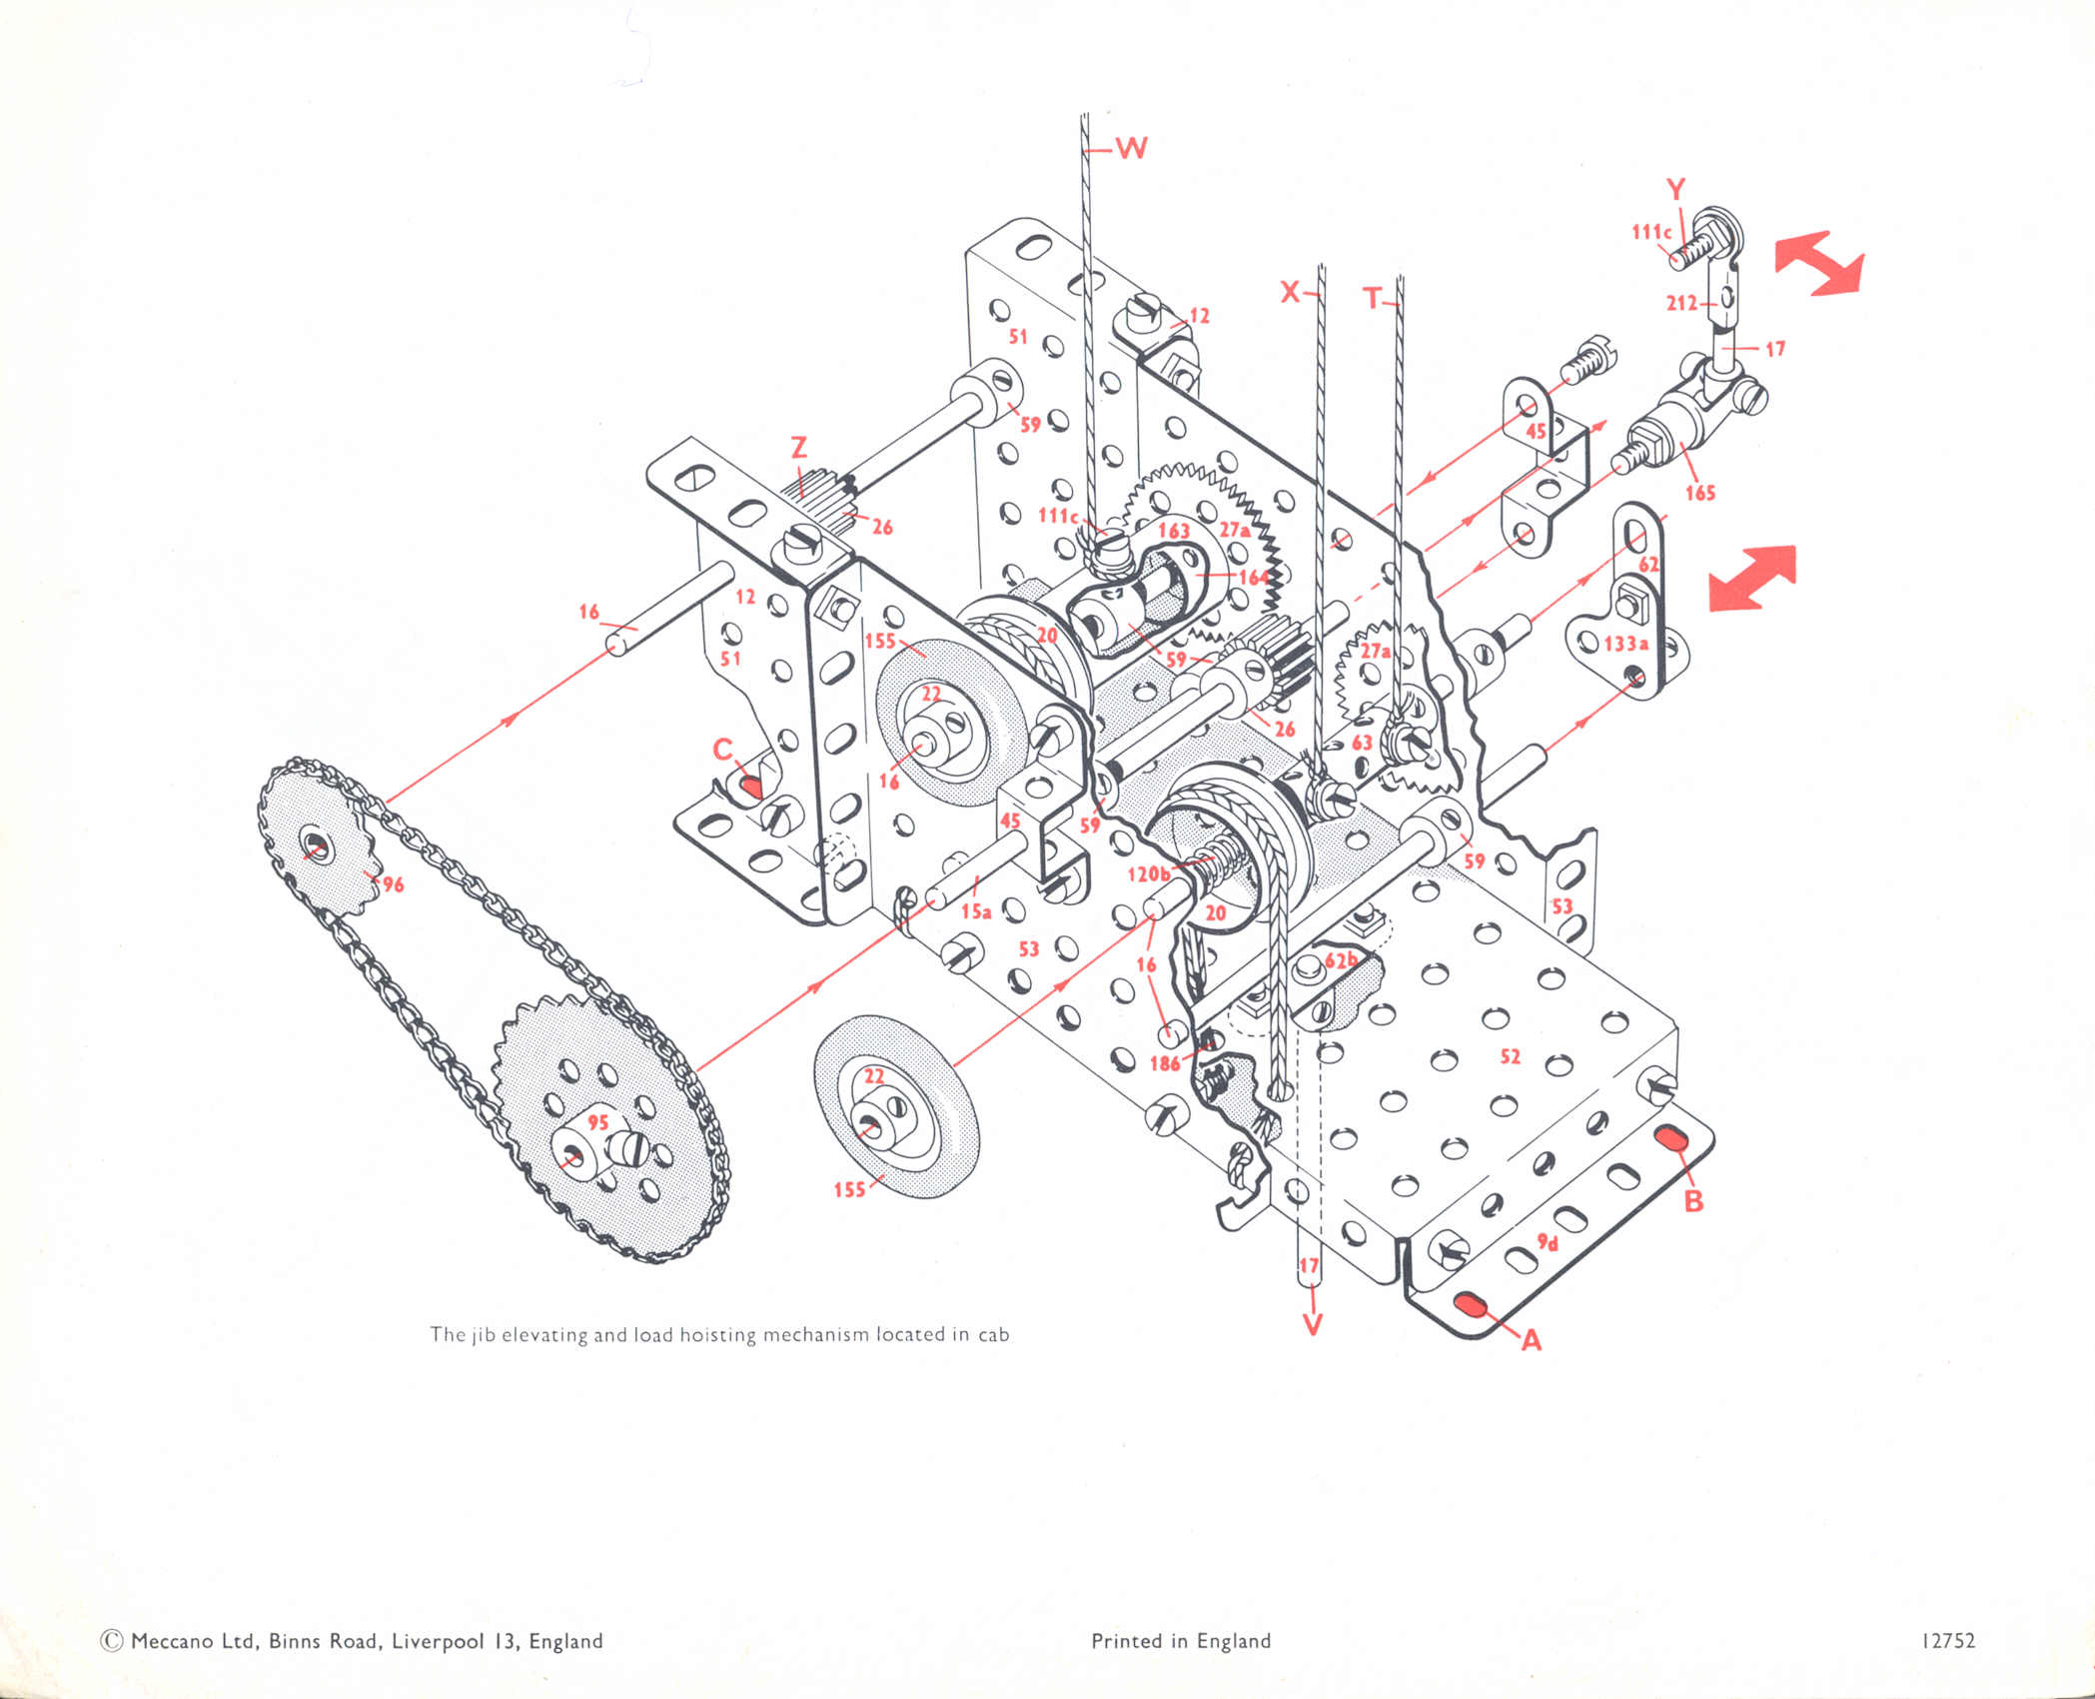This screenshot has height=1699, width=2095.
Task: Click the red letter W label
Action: point(1131,149)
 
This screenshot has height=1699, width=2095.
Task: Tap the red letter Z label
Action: point(798,449)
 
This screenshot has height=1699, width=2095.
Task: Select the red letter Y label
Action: point(1675,190)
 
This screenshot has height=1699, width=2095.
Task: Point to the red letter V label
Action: point(1313,1324)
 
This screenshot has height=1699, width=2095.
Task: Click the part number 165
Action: point(1699,492)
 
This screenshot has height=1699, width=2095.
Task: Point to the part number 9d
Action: point(1548,1242)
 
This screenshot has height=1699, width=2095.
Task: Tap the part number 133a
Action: point(1625,644)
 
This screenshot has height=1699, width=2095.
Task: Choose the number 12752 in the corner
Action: point(1947,1641)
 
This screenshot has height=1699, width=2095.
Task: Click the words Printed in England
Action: point(1181,1641)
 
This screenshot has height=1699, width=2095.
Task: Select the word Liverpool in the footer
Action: point(436,1641)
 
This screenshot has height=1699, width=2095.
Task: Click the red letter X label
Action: point(1291,292)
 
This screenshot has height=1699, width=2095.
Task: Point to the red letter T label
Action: point(1374,297)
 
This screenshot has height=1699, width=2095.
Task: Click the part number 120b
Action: point(1148,874)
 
